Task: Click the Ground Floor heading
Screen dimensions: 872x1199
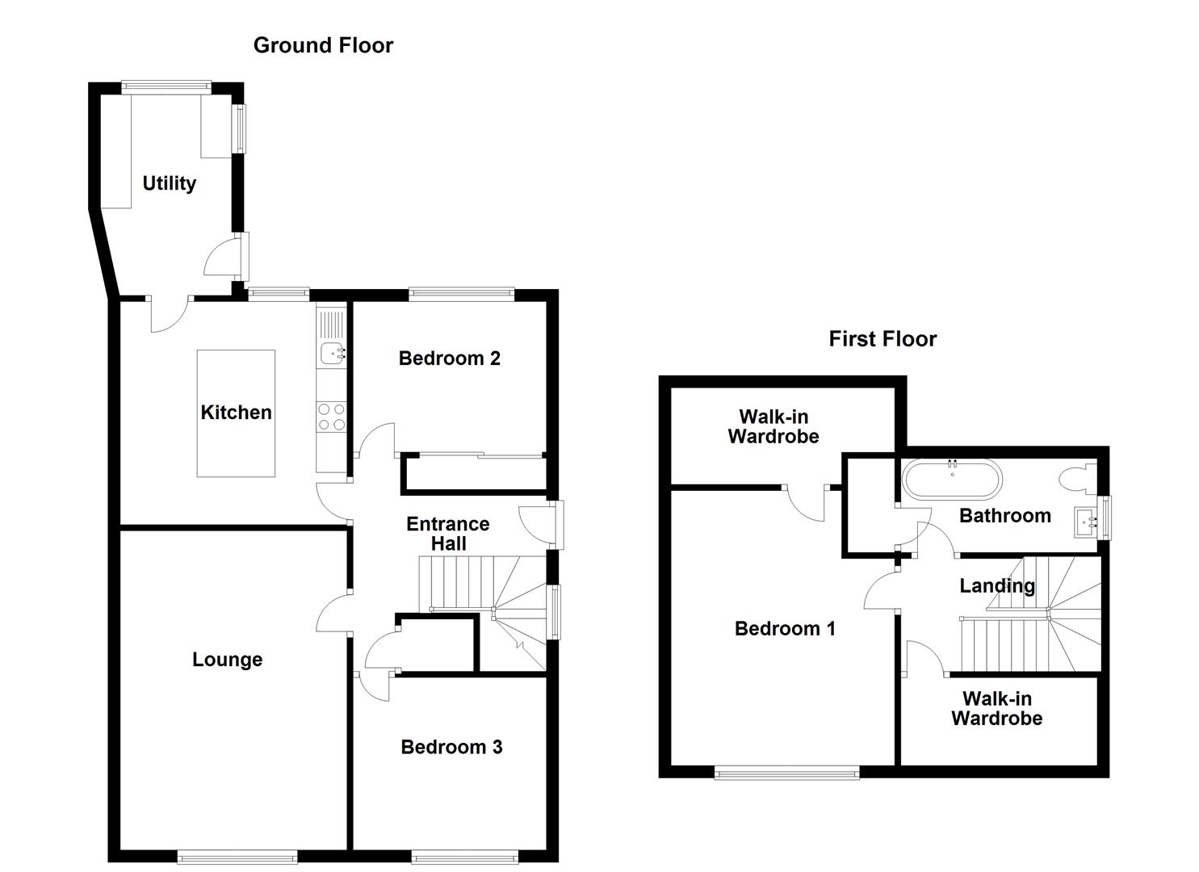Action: (323, 45)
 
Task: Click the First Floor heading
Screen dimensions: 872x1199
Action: (882, 339)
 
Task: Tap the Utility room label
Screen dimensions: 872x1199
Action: (169, 184)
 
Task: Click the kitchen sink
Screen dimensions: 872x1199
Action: (332, 353)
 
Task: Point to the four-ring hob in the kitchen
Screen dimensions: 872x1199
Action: (331, 417)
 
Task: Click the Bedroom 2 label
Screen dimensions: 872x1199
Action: (449, 358)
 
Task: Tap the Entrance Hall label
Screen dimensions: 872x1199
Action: (447, 534)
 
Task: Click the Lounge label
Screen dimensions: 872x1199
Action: (227, 660)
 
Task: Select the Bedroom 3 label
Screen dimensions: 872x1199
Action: (451, 748)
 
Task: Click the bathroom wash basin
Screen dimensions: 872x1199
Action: (1087, 522)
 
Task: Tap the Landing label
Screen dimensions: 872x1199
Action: (996, 586)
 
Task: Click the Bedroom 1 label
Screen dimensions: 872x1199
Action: (784, 629)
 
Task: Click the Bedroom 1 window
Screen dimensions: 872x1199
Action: (787, 773)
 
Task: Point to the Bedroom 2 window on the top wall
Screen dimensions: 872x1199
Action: (461, 294)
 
